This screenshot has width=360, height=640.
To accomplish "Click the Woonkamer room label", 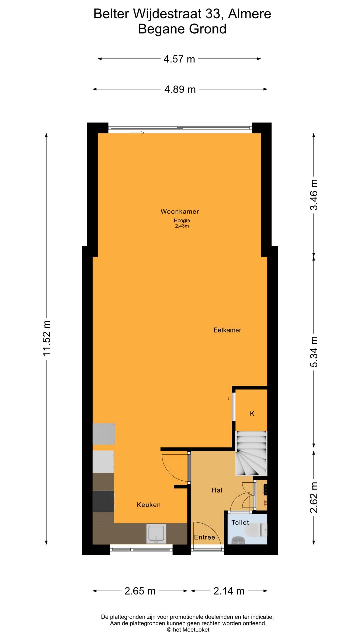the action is (180, 211).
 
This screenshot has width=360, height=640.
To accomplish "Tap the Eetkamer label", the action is (227, 330).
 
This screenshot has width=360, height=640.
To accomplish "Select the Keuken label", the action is (149, 505).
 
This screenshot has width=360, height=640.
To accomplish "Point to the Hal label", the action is (217, 490).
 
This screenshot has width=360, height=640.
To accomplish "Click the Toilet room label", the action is (240, 522).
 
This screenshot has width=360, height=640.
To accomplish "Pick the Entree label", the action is (205, 537).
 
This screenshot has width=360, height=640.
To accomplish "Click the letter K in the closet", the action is (252, 414).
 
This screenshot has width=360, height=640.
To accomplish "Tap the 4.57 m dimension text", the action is (179, 59).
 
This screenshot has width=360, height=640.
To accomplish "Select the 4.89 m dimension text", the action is (180, 89).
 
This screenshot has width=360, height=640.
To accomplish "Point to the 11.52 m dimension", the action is (47, 338).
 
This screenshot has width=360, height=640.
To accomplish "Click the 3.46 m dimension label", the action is (314, 195).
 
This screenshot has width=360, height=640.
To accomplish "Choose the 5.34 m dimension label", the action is (314, 352).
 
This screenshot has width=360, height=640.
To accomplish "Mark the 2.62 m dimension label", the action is (314, 498).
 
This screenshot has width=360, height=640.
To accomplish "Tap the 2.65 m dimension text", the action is (140, 591).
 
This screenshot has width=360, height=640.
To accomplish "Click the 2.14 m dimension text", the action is (229, 591).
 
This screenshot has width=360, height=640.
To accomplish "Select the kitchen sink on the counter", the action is (156, 534).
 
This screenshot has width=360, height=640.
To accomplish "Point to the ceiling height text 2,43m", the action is (182, 226).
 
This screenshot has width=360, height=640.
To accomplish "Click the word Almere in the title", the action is (250, 14).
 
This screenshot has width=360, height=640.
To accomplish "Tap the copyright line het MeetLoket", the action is (188, 630).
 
